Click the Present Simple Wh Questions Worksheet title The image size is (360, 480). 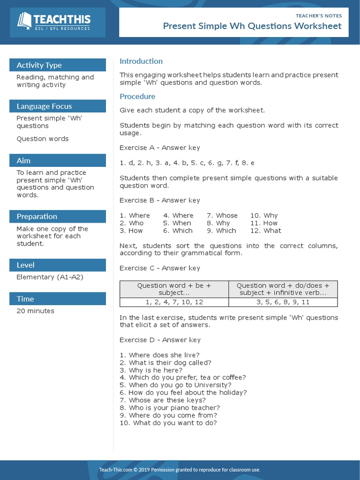pyautogui.click(x=252, y=26)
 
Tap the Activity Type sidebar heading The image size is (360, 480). pyautogui.click(x=39, y=65)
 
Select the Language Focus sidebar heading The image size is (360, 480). pyautogui.click(x=44, y=106)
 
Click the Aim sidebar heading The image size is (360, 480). pyautogui.click(x=23, y=160)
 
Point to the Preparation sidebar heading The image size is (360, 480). pyautogui.click(x=37, y=216)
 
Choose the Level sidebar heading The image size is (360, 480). pyautogui.click(x=25, y=265)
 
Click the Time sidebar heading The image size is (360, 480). pyautogui.click(x=25, y=299)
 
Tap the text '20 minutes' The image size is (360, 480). pyautogui.click(x=35, y=311)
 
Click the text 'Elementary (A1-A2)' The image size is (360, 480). pyautogui.click(x=50, y=277)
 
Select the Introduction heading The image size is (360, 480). pyautogui.click(x=141, y=61)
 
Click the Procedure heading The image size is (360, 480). pyautogui.click(x=137, y=97)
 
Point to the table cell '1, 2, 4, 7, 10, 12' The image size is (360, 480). pyautogui.click(x=174, y=302)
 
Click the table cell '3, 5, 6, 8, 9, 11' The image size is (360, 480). pyautogui.click(x=283, y=302)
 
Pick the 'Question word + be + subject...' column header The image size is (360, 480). pyautogui.click(x=174, y=289)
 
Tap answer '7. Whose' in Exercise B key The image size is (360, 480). pyautogui.click(x=222, y=216)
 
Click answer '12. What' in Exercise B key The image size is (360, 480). pyautogui.click(x=265, y=231)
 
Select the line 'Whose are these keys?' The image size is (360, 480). pyautogui.click(x=163, y=400)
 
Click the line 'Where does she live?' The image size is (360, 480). pyautogui.click(x=159, y=355)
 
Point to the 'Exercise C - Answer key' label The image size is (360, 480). pyautogui.click(x=160, y=268)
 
